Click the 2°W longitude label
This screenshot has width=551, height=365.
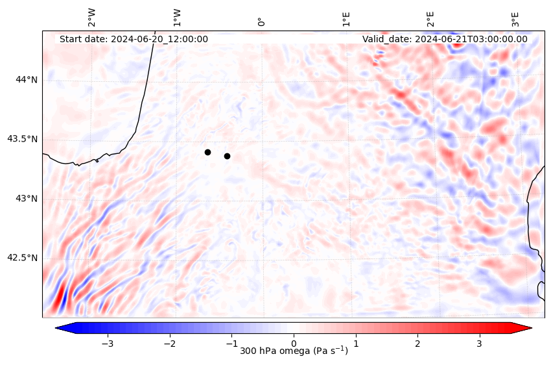coord(92,18)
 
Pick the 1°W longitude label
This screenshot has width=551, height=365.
coord(177,18)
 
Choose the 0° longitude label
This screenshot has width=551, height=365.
coord(261,21)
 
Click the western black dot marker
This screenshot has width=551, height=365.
coord(207,152)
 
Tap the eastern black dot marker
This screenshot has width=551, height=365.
coord(227,156)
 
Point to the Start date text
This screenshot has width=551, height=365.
coord(134,39)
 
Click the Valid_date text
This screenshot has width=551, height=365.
coord(445,39)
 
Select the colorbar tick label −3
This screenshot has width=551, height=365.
coord(108,342)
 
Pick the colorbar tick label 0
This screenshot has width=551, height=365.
coord(294,342)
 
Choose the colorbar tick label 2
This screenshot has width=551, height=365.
coord(417,342)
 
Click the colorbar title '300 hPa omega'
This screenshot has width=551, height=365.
coord(294,351)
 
